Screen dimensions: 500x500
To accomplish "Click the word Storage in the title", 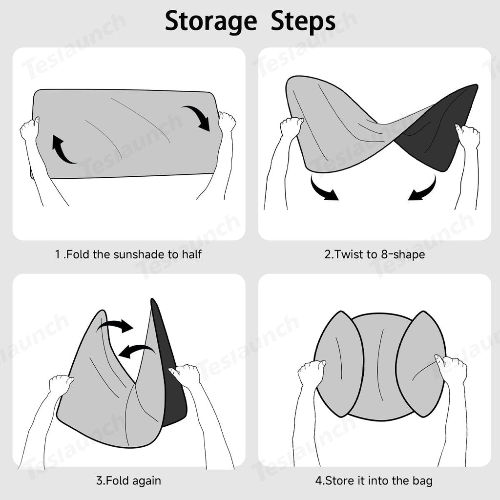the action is (x=211, y=21).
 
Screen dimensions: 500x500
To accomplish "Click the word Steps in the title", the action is (x=303, y=21).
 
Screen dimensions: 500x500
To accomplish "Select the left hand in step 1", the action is (x=29, y=129).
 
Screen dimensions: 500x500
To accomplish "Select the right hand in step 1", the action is (x=227, y=122).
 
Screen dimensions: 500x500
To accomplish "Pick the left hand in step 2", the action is (x=291, y=127).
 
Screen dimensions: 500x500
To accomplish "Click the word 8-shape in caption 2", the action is (x=403, y=254).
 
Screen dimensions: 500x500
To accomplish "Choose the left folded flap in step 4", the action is (x=339, y=363).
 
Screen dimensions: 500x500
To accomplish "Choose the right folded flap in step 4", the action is (x=421, y=363).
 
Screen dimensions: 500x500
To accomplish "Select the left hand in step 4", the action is (x=311, y=373).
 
